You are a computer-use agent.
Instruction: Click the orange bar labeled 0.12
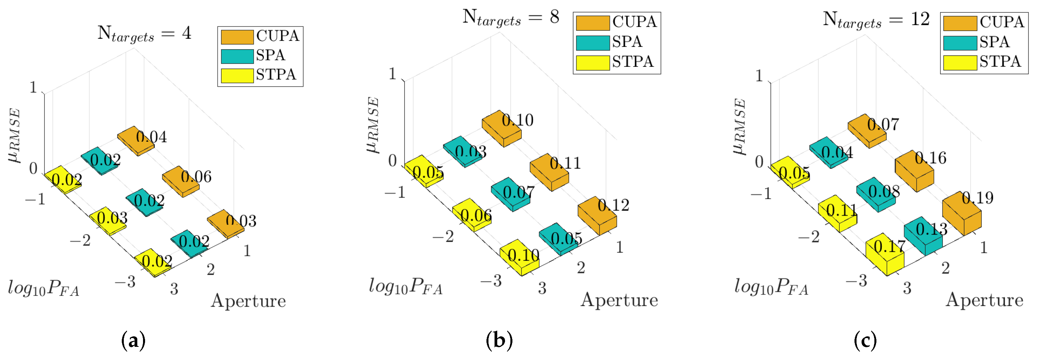[x=597, y=217]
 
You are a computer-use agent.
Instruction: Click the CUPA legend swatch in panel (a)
[x=237, y=37]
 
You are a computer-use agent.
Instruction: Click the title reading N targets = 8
[x=510, y=18]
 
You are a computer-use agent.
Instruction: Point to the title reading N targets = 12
[x=876, y=20]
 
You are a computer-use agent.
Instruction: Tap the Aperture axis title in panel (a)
[x=248, y=301]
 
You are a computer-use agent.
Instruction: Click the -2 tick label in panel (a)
[x=80, y=241]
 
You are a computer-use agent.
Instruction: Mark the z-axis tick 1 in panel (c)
[x=759, y=76]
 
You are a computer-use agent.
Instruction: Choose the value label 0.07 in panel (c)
[x=883, y=124]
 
